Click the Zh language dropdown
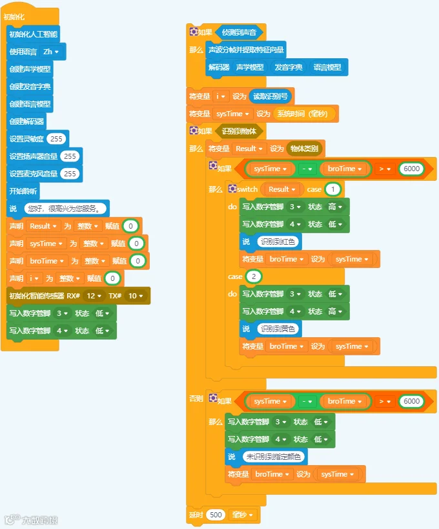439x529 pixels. pyautogui.click(x=51, y=52)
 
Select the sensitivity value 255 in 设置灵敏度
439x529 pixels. pyautogui.click(x=56, y=139)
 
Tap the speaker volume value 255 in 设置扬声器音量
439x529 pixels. pyautogui.click(x=70, y=156)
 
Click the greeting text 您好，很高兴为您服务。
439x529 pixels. pyautogui.click(x=65, y=209)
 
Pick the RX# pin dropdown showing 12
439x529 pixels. pyautogui.click(x=94, y=296)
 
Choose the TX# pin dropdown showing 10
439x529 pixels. pyautogui.click(x=136, y=296)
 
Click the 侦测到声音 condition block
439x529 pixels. pyautogui.click(x=239, y=32)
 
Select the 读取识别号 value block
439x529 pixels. pyautogui.click(x=271, y=96)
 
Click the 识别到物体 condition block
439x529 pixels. pyautogui.click(x=239, y=131)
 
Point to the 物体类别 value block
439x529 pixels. pyautogui.click(x=304, y=149)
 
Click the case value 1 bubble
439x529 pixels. pyautogui.click(x=332, y=189)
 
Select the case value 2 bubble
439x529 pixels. pyautogui.click(x=254, y=276)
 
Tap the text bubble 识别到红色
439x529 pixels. pyautogui.click(x=278, y=242)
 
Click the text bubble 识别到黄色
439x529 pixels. pyautogui.click(x=278, y=329)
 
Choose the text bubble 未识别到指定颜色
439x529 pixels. pyautogui.click(x=274, y=457)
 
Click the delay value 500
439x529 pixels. pyautogui.click(x=216, y=515)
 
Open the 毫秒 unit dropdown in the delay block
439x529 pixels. pyautogui.click(x=242, y=515)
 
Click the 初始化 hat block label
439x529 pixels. pyautogui.click(x=14, y=17)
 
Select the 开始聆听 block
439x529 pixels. pyautogui.click(x=23, y=191)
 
